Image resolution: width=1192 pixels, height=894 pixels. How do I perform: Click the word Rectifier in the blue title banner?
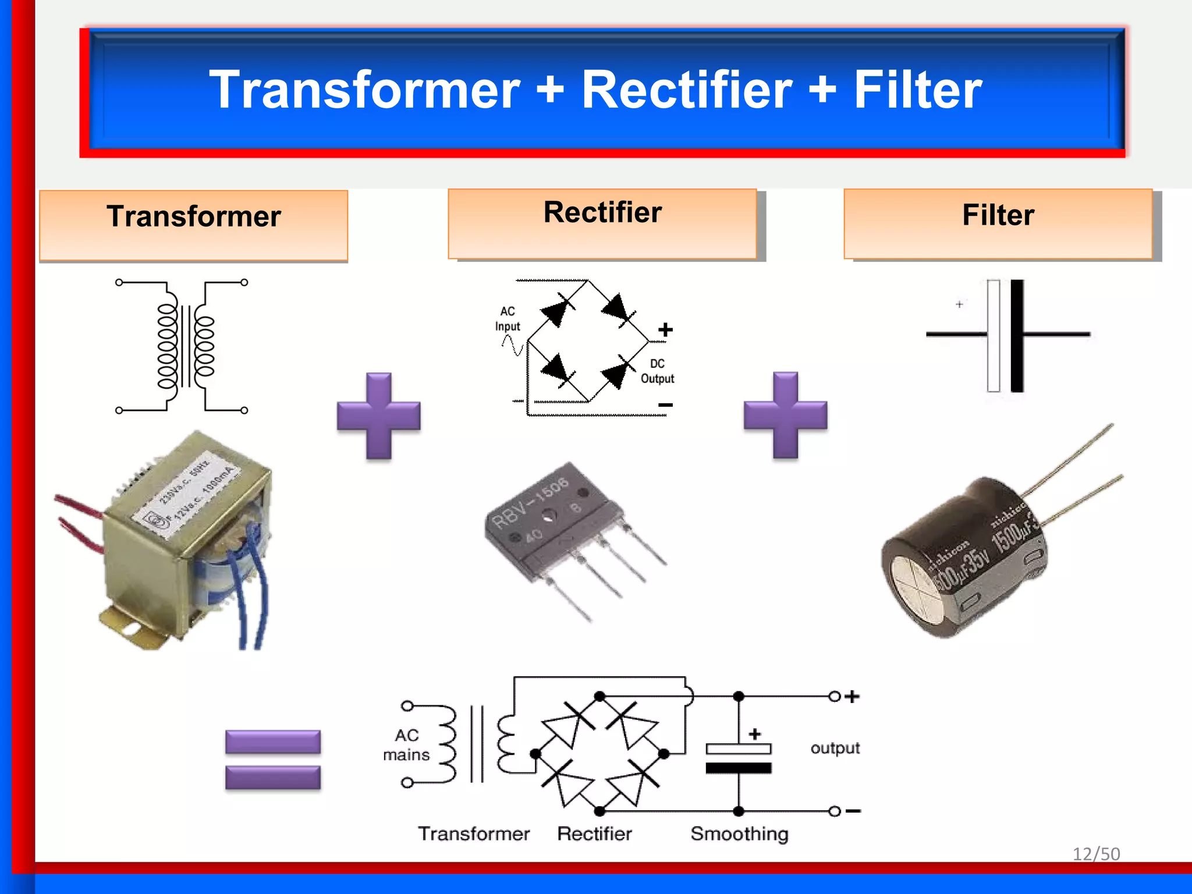pos(687,90)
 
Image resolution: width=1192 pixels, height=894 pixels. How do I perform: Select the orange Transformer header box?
pos(193,225)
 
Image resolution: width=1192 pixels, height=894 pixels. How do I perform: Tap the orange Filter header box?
pos(998,224)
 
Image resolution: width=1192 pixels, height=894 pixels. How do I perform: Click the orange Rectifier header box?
pos(602,224)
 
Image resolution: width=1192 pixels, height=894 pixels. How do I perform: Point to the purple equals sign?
pos(273,760)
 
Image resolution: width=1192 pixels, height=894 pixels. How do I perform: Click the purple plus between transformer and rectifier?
pos(379,416)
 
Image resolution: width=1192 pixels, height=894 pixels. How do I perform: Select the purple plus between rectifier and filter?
pos(785,415)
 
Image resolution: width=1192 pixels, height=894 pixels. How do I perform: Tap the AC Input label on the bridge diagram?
pos(508,319)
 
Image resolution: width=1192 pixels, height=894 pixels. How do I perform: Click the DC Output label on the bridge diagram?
pos(657,371)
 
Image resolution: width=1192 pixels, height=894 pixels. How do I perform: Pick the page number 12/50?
pos(1096,854)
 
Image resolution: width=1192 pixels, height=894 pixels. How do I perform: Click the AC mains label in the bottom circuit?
pos(406,745)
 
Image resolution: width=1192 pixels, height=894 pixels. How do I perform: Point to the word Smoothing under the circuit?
pos(739,834)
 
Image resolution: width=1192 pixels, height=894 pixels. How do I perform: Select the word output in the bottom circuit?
pos(835,748)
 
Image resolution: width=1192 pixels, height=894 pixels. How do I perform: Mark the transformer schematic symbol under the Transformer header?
pos(182,346)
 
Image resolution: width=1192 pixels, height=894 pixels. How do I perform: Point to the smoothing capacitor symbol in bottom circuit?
pos(739,758)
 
